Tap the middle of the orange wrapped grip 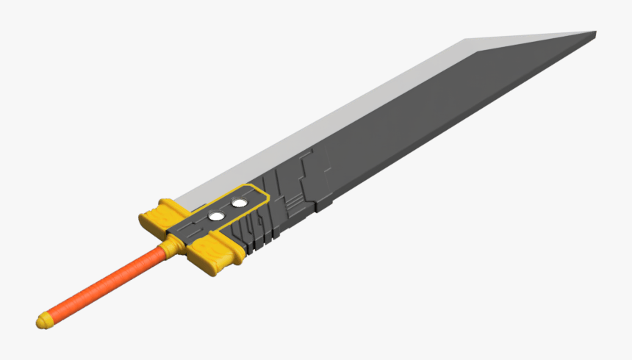pyautogui.click(x=103, y=286)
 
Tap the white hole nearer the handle pyautogui.click(x=217, y=216)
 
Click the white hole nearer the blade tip pyautogui.click(x=239, y=202)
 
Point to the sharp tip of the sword pyautogui.click(x=594, y=32)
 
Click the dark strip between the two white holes pyautogui.click(x=228, y=209)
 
